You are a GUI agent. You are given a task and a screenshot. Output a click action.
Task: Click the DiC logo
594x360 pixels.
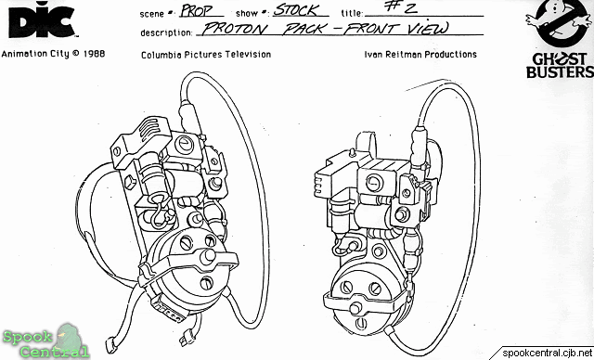[x=42, y=19]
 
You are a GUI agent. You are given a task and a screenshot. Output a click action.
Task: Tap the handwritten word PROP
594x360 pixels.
[x=197, y=10]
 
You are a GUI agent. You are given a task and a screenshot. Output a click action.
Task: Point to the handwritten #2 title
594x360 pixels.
[x=399, y=7]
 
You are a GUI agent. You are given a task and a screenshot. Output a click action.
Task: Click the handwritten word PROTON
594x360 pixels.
[x=235, y=29]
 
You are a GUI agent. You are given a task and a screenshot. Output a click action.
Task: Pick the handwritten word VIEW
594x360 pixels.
[x=429, y=29]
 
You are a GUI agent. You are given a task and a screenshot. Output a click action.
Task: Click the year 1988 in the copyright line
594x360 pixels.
[x=94, y=54]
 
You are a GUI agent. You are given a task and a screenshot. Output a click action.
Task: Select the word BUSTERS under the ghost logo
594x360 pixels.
[x=560, y=71]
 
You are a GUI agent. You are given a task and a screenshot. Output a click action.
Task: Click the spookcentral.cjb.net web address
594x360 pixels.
[x=547, y=354]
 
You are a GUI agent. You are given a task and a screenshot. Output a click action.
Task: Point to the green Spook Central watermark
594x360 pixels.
[x=46, y=342]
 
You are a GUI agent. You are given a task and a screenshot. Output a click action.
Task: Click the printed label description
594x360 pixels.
[x=166, y=32]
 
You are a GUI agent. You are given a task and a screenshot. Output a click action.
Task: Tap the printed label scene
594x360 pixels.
[x=153, y=14]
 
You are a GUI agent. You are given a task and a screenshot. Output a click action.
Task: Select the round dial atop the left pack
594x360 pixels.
[x=185, y=144]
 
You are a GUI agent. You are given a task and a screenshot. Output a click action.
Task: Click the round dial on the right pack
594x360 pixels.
[x=375, y=183]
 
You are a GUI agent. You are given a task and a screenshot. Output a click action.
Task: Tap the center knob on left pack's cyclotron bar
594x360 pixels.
[x=208, y=257]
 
